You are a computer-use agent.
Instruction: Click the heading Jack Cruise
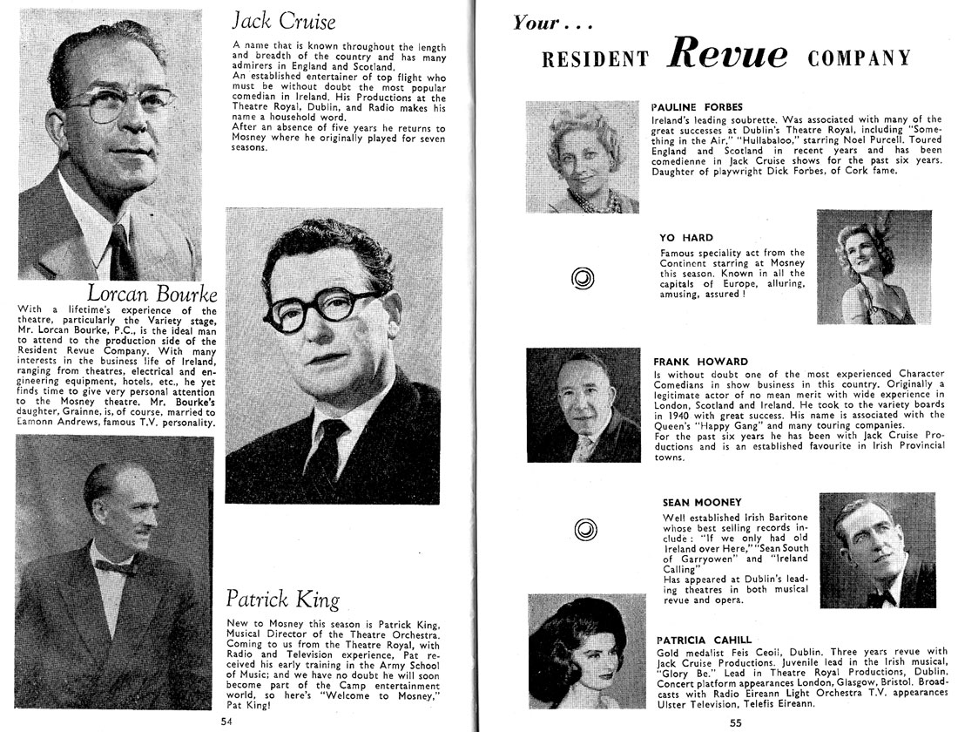pos(283,20)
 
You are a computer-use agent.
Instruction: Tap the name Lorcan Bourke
pos(152,293)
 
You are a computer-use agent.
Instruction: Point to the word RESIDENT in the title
pos(595,59)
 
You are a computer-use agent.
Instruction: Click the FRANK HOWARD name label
pos(700,361)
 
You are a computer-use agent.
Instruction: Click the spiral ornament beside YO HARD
pos(582,279)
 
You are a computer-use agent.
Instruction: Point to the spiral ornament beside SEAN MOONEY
pos(582,529)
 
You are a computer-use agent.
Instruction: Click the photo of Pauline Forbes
pos(582,157)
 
